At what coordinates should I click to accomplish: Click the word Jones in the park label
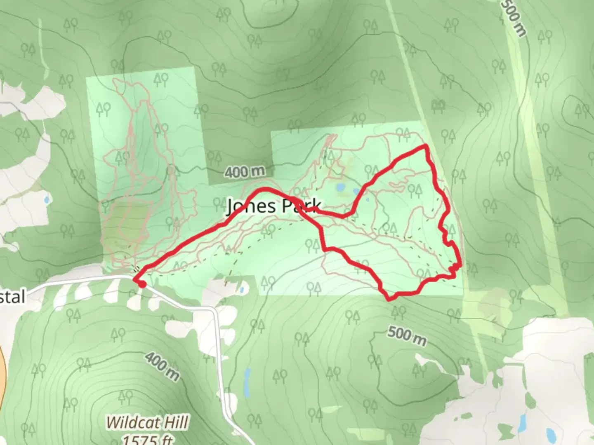pos(251,206)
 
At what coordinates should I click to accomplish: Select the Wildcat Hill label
pos(147,422)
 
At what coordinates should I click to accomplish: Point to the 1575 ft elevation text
pos(147,439)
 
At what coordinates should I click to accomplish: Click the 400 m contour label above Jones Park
pos(244,171)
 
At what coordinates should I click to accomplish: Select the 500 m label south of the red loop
pos(407,336)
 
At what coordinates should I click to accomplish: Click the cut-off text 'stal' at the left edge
pos(12,296)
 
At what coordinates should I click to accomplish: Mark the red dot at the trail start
pos(141,284)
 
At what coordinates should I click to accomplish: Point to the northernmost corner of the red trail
pos(425,146)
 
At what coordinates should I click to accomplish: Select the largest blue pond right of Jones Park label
pos(340,188)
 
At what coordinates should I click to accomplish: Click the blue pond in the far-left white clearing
pos(46,201)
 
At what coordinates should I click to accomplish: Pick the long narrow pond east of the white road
pos(247,380)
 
